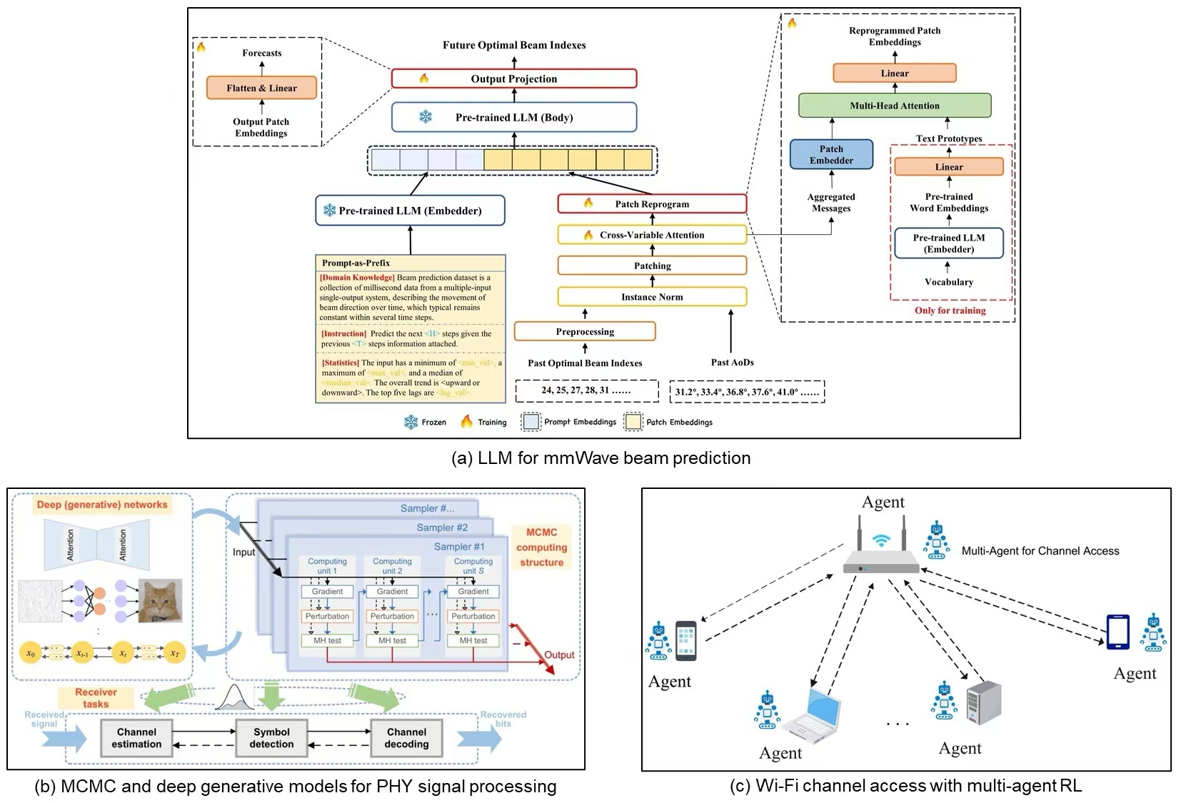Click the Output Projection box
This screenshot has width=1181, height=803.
[x=513, y=79]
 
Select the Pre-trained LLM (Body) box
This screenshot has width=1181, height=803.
[x=513, y=117]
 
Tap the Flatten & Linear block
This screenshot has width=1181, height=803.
[x=261, y=88]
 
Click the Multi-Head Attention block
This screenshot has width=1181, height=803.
[x=894, y=106]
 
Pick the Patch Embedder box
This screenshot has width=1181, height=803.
[x=831, y=154]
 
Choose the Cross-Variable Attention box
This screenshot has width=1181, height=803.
[x=651, y=235]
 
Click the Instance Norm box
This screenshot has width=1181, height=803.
[x=651, y=297]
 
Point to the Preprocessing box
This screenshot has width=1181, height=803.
[x=584, y=331]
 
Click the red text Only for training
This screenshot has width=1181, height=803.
[x=950, y=310]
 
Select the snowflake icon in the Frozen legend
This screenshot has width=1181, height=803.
[x=411, y=422]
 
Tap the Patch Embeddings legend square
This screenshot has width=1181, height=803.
[x=633, y=422]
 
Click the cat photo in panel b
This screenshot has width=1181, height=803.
[x=160, y=600]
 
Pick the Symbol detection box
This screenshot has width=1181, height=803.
[x=271, y=738]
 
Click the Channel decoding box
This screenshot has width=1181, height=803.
[x=406, y=738]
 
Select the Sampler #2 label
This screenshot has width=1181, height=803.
[x=442, y=527]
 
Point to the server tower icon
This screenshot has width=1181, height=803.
[x=983, y=703]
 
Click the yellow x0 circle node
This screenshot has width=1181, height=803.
[x=31, y=653]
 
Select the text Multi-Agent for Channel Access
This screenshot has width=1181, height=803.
[x=1040, y=551]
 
